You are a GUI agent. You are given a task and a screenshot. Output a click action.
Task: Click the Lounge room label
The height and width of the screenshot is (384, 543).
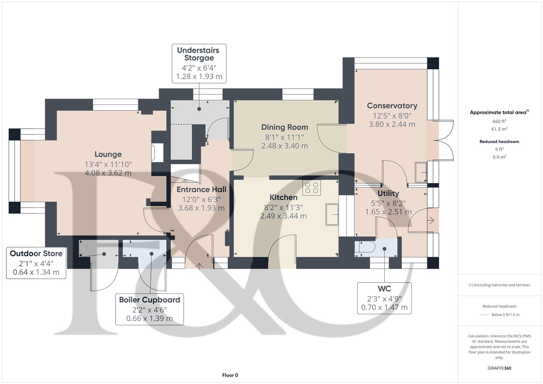click(108, 154)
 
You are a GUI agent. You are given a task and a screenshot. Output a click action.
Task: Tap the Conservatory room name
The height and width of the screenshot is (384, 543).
click(392, 106)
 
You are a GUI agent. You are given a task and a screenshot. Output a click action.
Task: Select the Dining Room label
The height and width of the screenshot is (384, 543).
click(284, 127)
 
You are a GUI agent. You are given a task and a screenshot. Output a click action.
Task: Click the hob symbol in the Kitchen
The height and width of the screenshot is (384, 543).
click(312, 187)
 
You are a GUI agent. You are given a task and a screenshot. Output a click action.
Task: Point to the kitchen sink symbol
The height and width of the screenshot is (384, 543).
click(332, 214)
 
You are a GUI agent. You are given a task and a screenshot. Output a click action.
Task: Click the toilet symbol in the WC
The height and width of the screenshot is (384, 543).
click(365, 248)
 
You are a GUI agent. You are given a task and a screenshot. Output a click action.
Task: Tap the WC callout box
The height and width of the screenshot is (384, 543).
click(384, 298)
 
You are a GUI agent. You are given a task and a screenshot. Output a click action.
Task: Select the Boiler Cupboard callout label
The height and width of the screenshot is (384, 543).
click(149, 300)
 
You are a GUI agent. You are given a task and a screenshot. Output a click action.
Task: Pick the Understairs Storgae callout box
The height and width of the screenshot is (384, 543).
click(198, 63)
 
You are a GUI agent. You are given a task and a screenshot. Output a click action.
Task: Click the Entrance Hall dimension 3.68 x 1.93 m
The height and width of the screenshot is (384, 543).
click(201, 208)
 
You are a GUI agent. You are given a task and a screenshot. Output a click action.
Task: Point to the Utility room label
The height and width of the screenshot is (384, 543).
click(388, 193)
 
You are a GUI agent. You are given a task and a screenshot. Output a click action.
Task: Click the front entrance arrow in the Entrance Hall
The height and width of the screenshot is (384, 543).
click(199, 266)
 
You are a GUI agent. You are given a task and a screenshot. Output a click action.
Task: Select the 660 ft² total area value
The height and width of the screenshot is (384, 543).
click(499, 121)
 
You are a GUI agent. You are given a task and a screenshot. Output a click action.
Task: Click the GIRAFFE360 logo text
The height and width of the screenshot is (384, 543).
click(499, 368)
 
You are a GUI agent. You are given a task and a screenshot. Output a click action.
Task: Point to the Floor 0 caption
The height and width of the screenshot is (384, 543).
click(230, 375)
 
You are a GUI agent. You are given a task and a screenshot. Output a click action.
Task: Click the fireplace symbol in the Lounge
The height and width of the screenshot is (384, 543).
click(157, 152)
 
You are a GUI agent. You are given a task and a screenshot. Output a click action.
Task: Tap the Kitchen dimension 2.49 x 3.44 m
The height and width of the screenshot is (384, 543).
click(283, 216)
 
